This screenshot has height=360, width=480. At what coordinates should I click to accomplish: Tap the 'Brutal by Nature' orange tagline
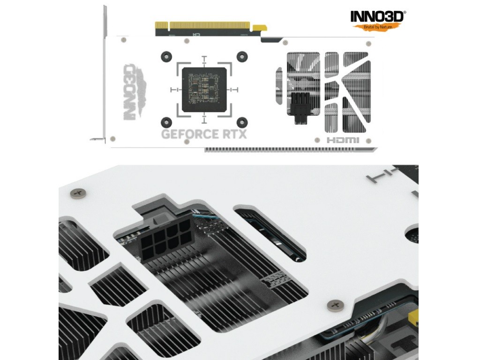[377, 27]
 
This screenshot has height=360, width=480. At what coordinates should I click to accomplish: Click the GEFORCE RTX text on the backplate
[203, 134]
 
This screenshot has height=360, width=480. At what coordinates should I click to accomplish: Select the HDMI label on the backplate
[343, 140]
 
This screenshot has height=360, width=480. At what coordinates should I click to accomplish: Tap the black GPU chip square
[204, 90]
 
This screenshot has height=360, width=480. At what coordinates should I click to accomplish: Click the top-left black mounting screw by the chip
[166, 56]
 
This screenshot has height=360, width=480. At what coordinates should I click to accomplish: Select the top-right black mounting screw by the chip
[242, 56]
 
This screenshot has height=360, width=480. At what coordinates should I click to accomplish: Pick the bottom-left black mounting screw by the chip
[166, 122]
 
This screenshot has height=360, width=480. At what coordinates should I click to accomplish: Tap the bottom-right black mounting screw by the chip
[242, 122]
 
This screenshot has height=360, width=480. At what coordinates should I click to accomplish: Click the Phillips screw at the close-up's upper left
[77, 193]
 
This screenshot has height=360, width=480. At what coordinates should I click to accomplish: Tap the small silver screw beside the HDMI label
[317, 140]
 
